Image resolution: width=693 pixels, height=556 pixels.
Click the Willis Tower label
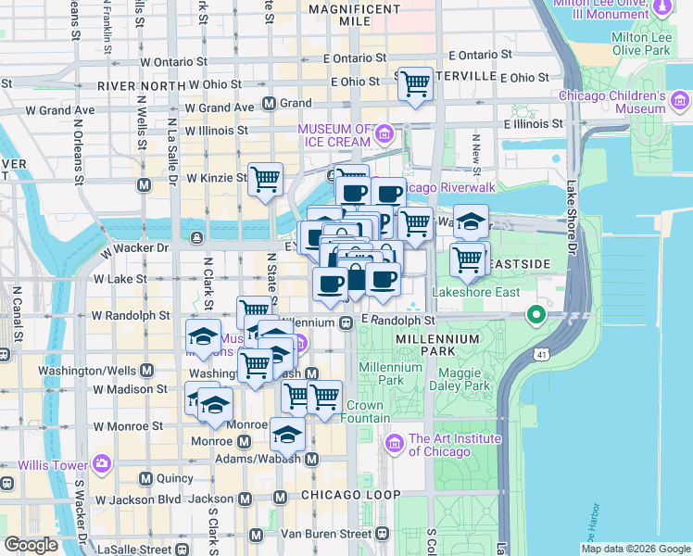click(x=44, y=461)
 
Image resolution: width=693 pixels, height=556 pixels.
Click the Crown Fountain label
click(x=365, y=411)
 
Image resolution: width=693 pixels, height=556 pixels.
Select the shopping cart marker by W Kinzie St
click(x=266, y=179)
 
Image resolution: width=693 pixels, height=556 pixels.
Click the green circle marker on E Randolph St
click(x=535, y=316)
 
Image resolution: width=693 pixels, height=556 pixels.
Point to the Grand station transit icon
click(x=270, y=104)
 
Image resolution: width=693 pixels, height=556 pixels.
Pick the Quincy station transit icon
click(x=145, y=478)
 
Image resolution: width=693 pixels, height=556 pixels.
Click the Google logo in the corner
click(x=32, y=545)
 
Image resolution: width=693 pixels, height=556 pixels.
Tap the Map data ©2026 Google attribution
click(x=636, y=549)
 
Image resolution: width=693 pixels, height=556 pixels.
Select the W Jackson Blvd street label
click(x=136, y=499)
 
